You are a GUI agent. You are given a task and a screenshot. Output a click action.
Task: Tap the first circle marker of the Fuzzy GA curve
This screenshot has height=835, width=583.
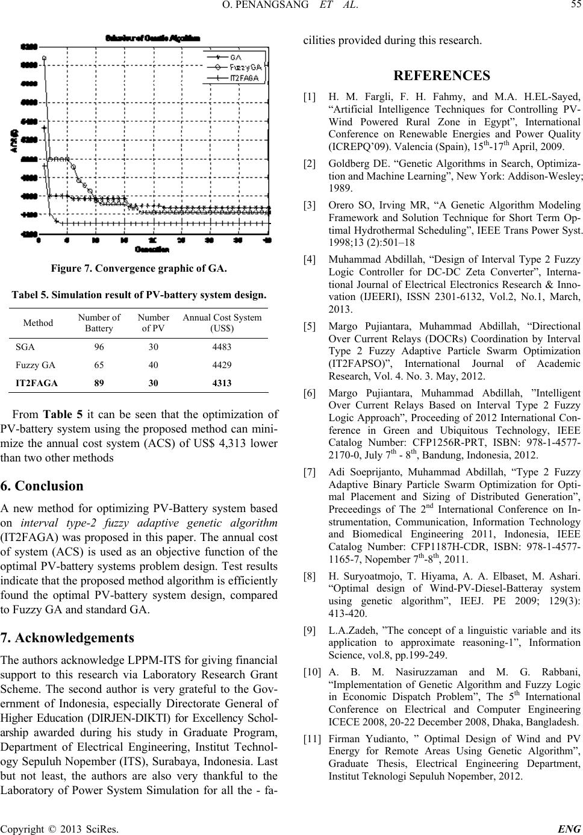coord(45,58)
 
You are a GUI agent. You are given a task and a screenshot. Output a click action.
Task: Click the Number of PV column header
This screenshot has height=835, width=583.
coord(153,323)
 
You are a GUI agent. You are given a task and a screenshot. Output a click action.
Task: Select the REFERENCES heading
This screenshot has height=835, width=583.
coord(441,76)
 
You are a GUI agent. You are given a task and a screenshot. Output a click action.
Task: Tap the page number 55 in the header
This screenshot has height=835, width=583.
coord(575,7)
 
